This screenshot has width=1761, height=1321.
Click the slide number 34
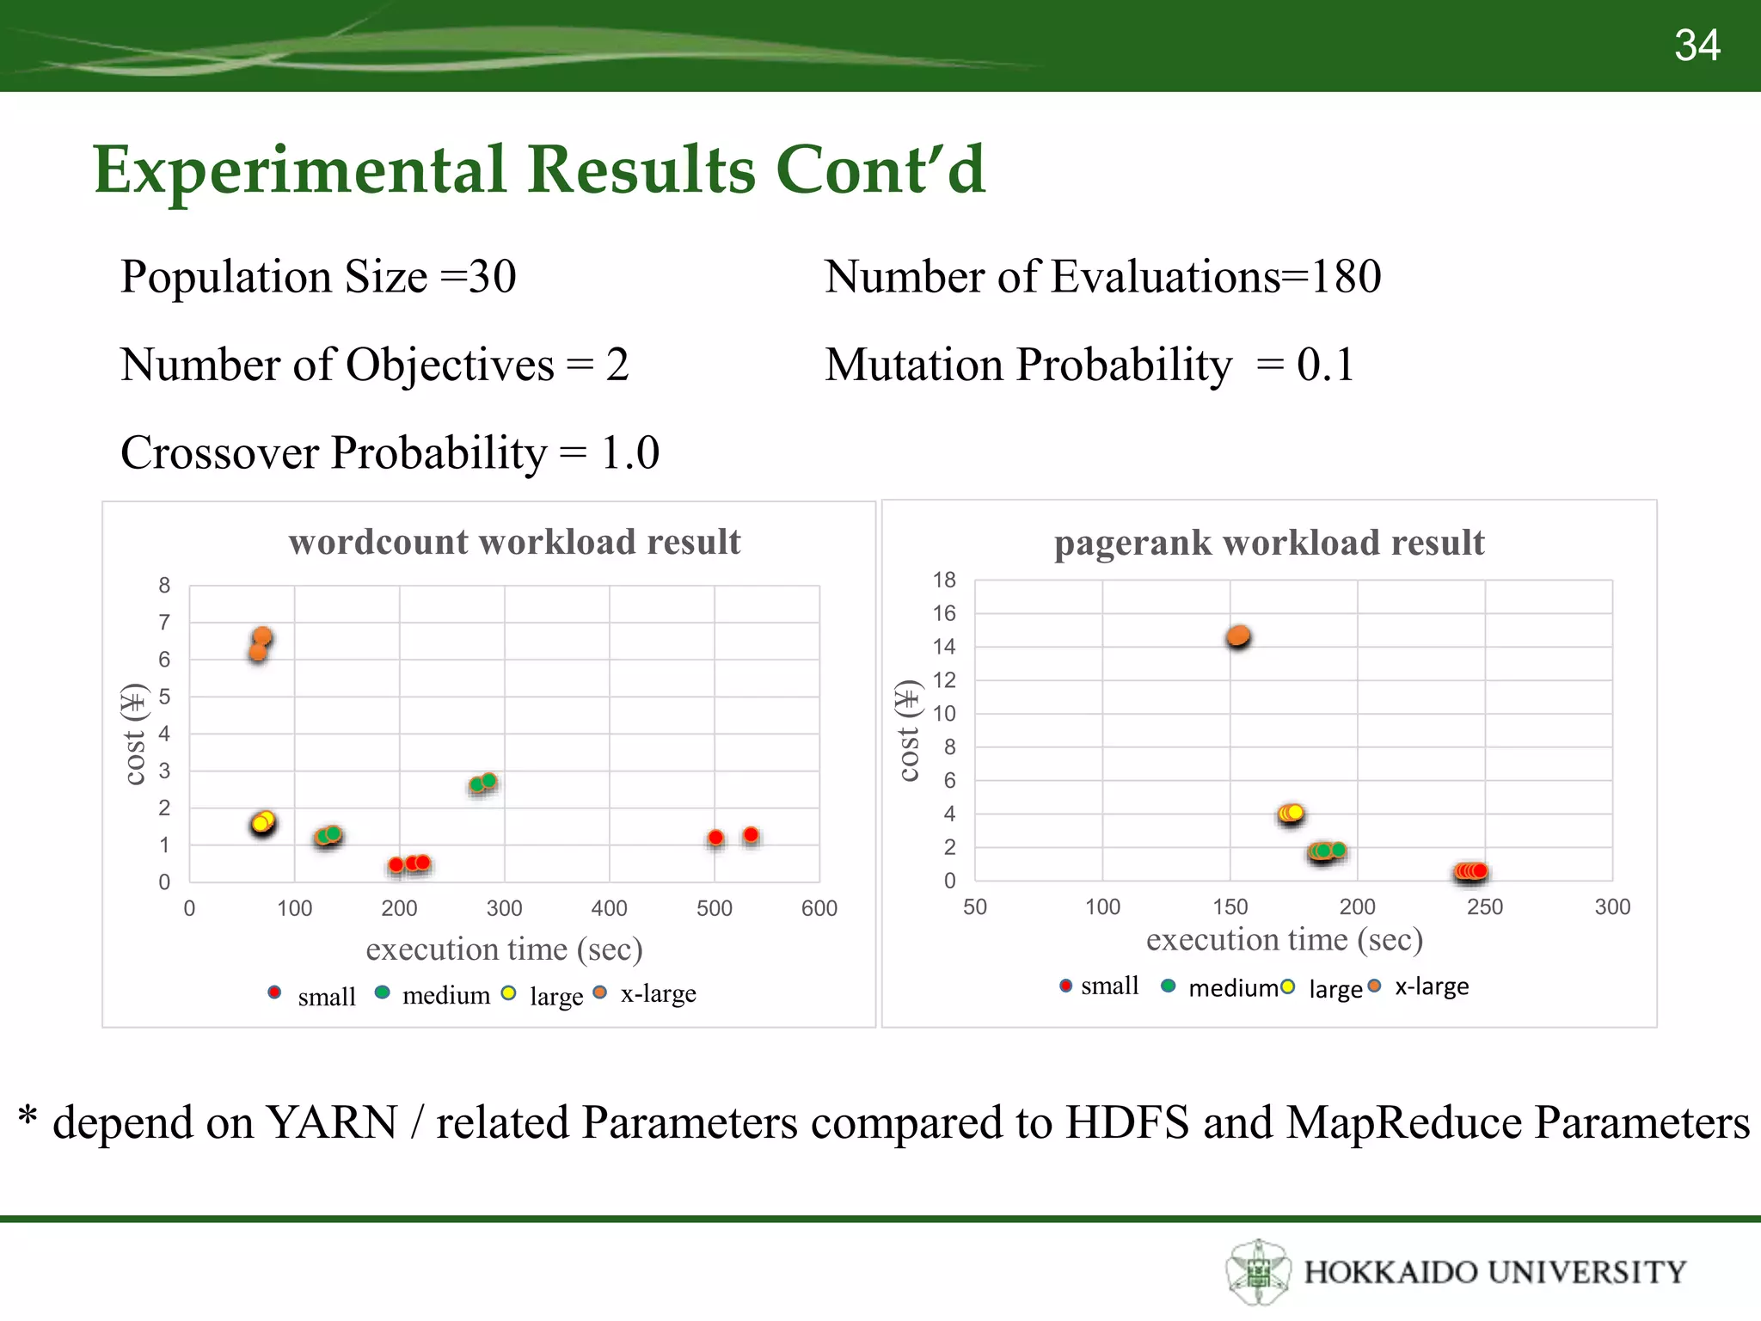[1697, 46]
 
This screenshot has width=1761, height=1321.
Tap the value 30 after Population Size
[492, 277]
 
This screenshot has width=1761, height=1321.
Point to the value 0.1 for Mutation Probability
[1325, 365]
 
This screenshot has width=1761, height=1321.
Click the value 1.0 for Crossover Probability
[629, 452]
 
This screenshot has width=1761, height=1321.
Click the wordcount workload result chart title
[514, 542]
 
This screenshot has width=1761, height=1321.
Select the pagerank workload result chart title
[1269, 543]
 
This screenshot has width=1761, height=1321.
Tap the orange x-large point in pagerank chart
[1238, 636]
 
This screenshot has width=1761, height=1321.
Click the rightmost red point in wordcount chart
[751, 835]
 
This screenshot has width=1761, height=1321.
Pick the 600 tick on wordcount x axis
[819, 908]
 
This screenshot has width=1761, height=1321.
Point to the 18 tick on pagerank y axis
[944, 581]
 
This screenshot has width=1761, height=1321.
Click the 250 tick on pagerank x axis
[1485, 906]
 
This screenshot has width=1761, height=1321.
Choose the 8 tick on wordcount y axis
[164, 586]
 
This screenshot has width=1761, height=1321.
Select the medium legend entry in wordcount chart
[445, 995]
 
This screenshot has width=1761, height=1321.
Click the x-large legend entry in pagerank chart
[1431, 986]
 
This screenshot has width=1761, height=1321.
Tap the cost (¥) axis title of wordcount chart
[134, 734]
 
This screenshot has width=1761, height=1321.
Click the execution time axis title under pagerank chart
[1284, 939]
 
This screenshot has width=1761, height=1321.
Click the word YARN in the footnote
[331, 1122]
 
